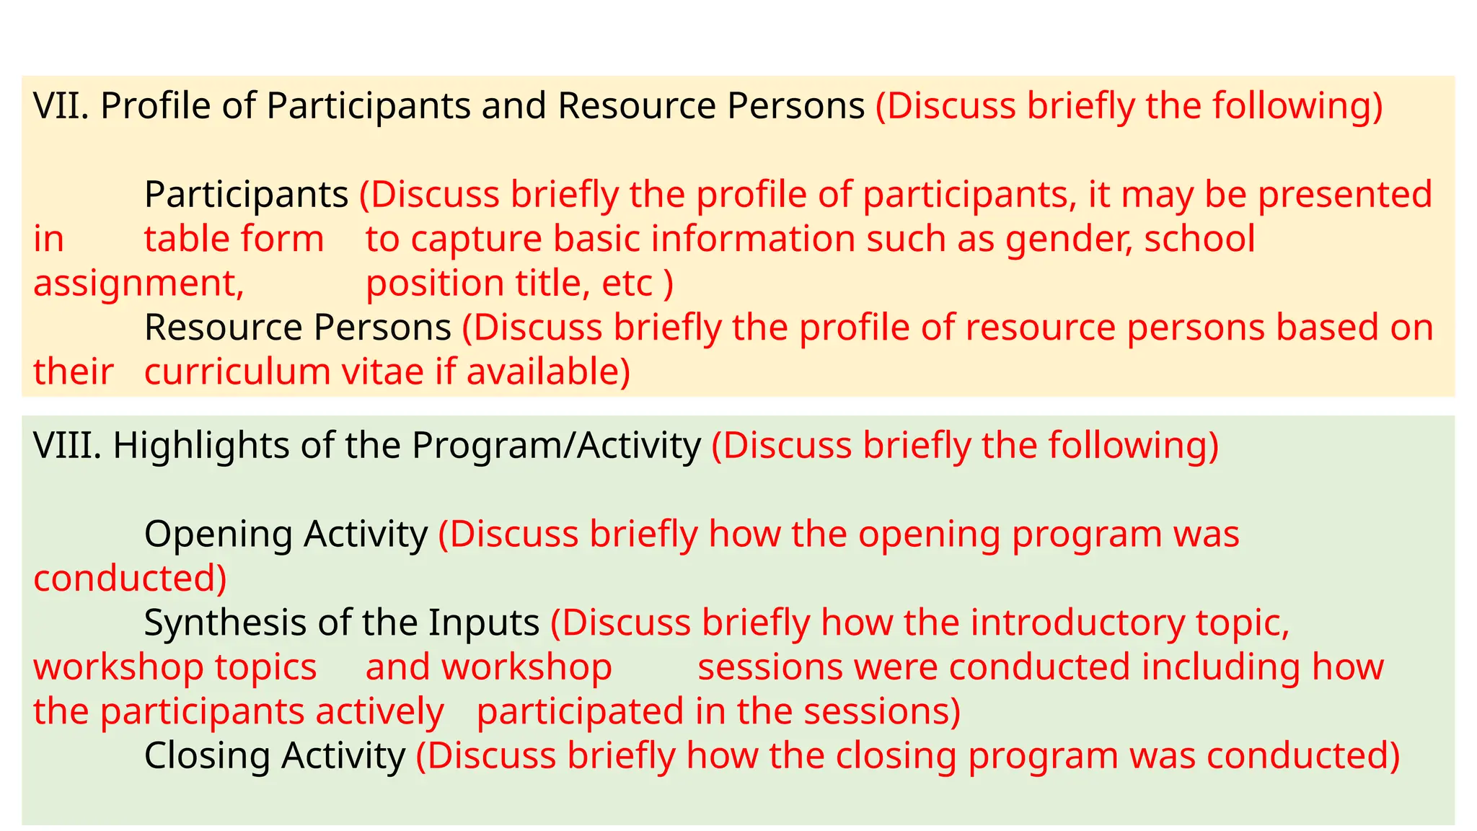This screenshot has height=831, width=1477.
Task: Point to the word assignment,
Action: pyautogui.click(x=138, y=283)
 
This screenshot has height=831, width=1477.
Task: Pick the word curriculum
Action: pyautogui.click(x=237, y=372)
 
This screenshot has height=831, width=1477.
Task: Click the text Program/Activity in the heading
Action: pyautogui.click(x=556, y=445)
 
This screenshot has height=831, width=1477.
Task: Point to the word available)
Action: pyautogui.click(x=548, y=372)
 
